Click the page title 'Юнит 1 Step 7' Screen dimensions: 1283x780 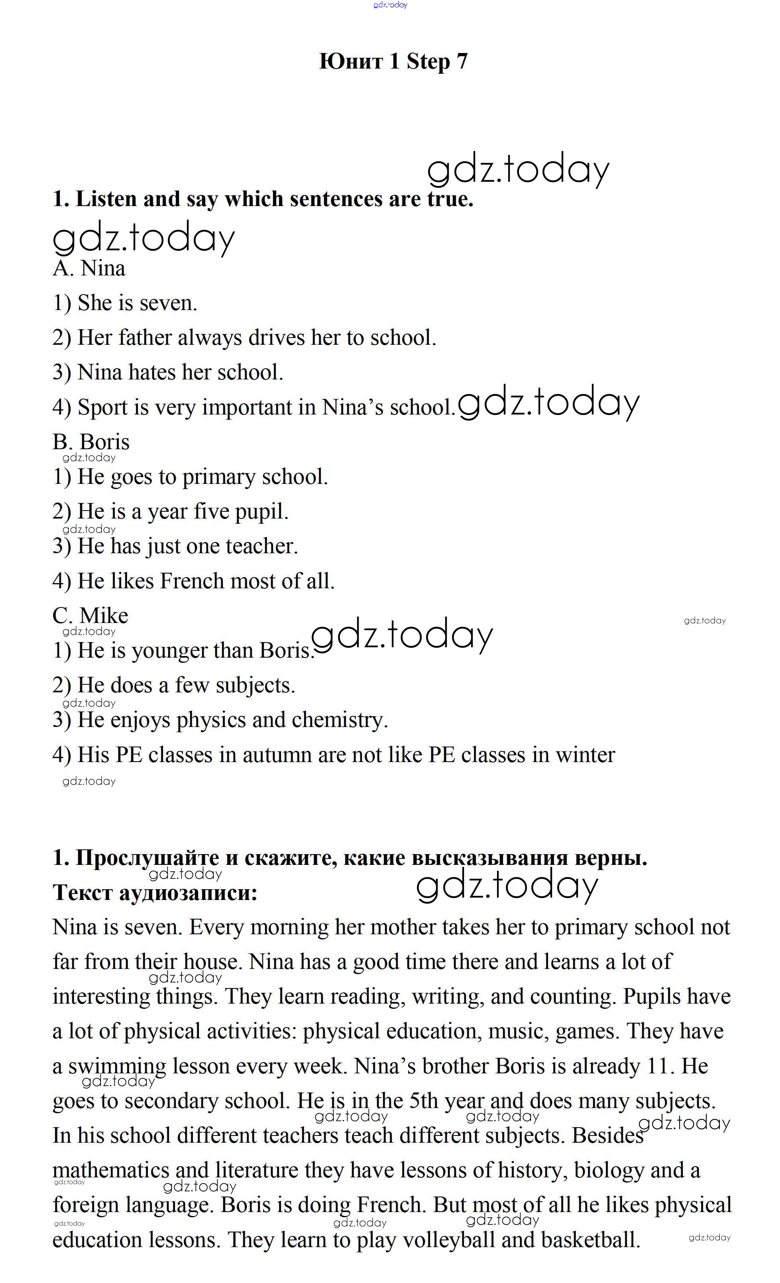pos(393,61)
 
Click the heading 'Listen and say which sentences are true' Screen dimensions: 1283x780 pos(263,199)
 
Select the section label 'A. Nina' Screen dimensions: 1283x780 pos(89,269)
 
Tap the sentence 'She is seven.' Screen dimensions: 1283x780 pos(125,303)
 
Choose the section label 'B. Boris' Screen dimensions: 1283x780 pos(91,442)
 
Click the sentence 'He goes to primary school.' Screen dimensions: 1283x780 pos(191,477)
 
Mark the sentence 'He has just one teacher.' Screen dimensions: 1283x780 pos(175,546)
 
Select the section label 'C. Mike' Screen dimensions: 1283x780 pos(90,616)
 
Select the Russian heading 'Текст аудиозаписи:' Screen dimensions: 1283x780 pos(155,892)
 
